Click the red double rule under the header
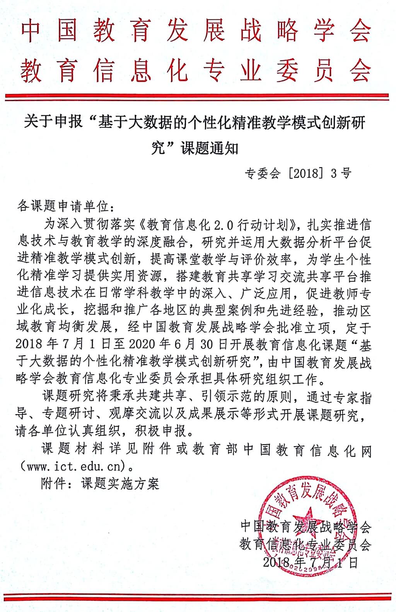pyautogui.click(x=198, y=96)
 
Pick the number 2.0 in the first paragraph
pyautogui.click(x=225, y=224)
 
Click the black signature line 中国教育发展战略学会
pyautogui.click(x=306, y=526)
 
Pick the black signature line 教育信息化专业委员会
pyautogui.click(x=306, y=544)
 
